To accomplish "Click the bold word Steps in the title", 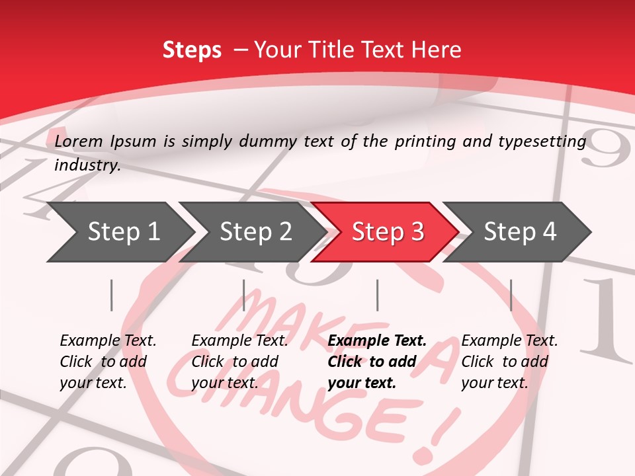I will click(192, 50).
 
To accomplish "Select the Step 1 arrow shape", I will click(119, 231).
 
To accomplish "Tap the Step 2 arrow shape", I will click(255, 231).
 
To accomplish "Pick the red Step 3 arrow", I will click(387, 231).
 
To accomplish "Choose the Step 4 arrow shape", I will click(519, 231).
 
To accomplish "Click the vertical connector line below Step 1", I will click(112, 295).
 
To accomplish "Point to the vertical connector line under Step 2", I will click(244, 295).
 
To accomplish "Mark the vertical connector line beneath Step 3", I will click(378, 295).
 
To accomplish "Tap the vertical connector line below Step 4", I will click(511, 295).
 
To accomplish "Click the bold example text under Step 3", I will click(377, 362).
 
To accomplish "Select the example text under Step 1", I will click(108, 362).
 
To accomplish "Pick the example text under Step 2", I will click(239, 362).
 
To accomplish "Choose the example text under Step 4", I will click(509, 362).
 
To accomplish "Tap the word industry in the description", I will click(87, 165).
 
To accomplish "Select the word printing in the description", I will click(427, 141).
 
